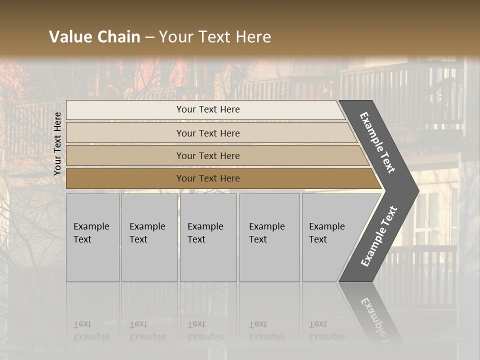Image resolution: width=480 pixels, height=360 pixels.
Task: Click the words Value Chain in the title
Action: (x=94, y=37)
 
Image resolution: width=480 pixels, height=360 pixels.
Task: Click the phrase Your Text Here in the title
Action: (x=215, y=37)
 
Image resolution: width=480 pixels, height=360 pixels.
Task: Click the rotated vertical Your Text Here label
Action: (x=57, y=143)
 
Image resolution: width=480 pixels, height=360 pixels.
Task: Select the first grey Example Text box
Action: (x=92, y=237)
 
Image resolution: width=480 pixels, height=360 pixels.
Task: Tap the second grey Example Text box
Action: (x=149, y=237)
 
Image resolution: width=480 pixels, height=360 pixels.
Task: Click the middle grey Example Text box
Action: (x=208, y=237)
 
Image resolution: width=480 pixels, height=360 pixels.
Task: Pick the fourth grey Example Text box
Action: (x=269, y=237)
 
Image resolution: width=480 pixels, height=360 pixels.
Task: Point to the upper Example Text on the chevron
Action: (x=377, y=142)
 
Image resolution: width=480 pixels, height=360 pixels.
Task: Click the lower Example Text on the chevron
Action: (x=379, y=236)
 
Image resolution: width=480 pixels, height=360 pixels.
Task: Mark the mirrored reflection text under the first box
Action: (x=91, y=330)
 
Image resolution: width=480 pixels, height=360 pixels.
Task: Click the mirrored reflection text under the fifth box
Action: (x=326, y=330)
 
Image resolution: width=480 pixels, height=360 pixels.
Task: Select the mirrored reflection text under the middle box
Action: (x=205, y=330)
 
